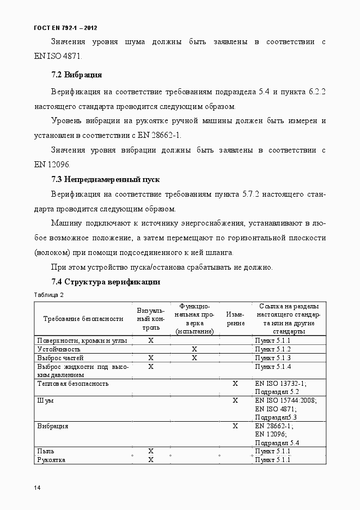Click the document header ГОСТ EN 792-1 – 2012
(x=65, y=27)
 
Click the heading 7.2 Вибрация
(x=76, y=75)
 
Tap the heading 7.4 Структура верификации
(x=105, y=282)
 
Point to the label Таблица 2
(x=49, y=295)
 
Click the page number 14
(x=37, y=487)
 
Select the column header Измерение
(x=235, y=319)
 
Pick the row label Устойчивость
(x=59, y=349)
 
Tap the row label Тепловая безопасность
(x=72, y=384)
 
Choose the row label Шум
(x=45, y=400)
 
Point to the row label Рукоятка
(x=51, y=460)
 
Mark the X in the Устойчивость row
(x=194, y=349)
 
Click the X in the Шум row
(x=235, y=400)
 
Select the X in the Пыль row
(x=151, y=451)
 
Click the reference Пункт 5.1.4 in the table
(x=273, y=366)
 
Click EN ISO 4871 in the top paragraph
(x=59, y=55)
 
